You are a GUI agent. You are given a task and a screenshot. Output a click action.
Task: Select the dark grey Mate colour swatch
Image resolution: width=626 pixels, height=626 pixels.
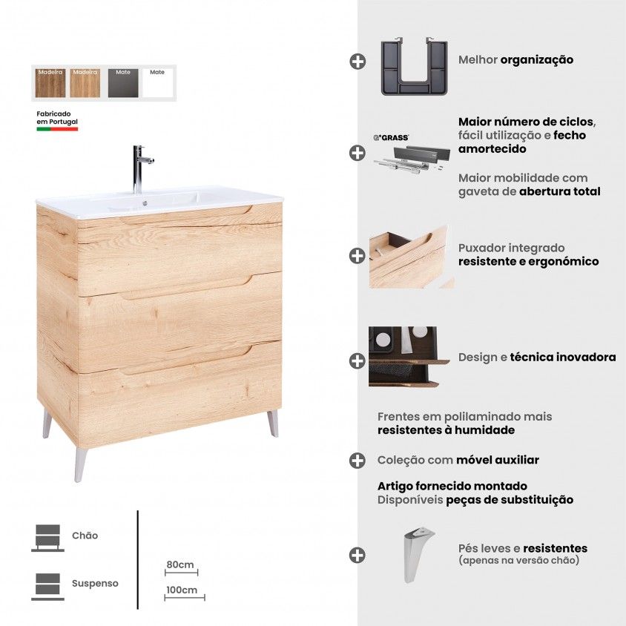(x=123, y=82)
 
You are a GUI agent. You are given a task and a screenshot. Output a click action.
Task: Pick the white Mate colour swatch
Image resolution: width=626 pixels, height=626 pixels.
(x=157, y=82)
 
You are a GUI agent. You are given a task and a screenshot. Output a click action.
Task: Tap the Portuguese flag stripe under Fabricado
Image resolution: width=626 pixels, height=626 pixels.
(x=57, y=129)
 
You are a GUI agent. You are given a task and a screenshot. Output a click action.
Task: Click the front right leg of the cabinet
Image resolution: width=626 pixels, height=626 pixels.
(x=273, y=424)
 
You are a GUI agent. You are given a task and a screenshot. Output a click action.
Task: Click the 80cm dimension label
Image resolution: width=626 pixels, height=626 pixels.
(x=180, y=564)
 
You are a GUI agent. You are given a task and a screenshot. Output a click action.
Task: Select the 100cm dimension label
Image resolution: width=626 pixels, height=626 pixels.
(x=182, y=590)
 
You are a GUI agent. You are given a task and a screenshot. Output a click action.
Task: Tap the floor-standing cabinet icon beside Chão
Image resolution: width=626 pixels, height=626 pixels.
(x=48, y=538)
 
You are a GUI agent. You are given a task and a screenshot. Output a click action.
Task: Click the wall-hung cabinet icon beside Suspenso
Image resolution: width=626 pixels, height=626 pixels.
(x=48, y=587)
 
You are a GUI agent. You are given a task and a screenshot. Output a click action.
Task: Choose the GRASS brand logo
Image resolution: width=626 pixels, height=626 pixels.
(x=391, y=138)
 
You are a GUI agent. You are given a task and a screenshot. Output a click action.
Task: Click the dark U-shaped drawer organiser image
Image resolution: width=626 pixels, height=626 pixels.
(x=414, y=66)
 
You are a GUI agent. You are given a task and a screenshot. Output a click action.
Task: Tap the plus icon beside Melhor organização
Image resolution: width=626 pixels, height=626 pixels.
(x=358, y=62)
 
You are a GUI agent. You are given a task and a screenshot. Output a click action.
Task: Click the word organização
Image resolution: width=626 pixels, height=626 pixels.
(x=536, y=60)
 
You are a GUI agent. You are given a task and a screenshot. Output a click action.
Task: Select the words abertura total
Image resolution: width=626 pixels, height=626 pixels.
(x=560, y=191)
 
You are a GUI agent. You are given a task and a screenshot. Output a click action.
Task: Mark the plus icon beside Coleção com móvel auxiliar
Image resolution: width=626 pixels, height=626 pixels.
(x=358, y=461)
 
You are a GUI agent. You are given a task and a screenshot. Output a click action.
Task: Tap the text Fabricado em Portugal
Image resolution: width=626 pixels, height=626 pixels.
(x=57, y=118)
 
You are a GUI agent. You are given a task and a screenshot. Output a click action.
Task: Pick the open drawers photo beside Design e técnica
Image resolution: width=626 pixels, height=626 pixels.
(x=409, y=357)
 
